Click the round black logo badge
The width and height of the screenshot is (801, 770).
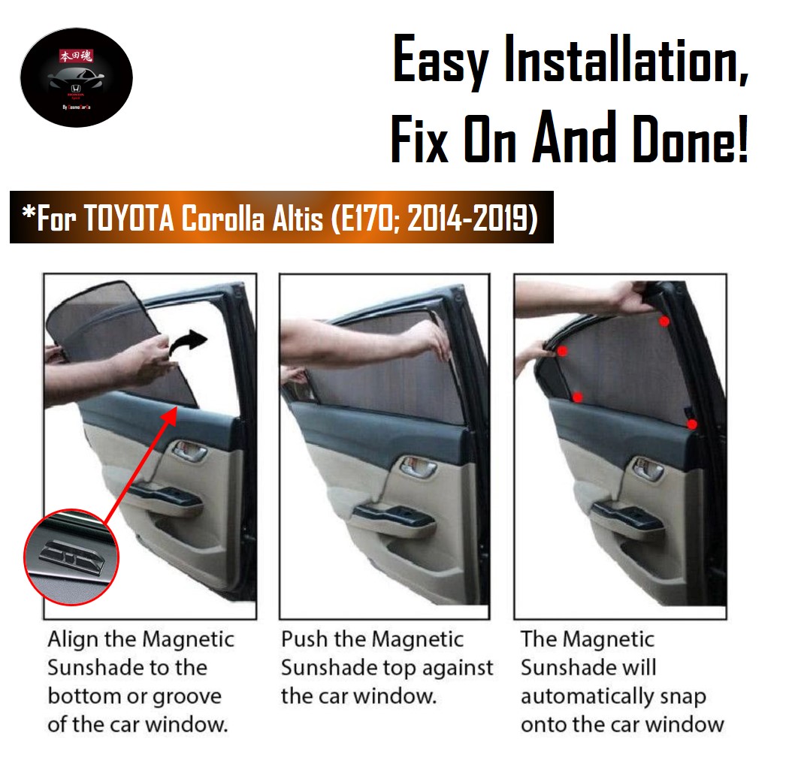coord(76,78)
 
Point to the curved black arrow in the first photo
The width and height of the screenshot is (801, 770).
coord(189,343)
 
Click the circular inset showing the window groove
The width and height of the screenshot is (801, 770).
coord(71,557)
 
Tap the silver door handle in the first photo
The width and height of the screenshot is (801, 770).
coord(189,452)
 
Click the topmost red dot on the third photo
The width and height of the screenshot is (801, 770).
coord(664,322)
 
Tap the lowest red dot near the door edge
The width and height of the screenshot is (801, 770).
coord(691,424)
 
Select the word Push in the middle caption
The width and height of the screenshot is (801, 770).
coord(303,639)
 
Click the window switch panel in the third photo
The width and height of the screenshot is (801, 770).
coord(627,515)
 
